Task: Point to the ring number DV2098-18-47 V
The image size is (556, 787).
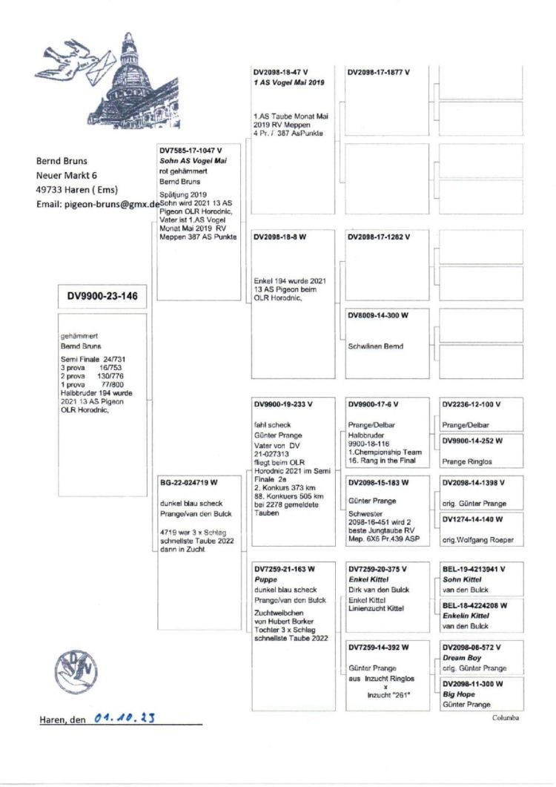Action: tap(281, 73)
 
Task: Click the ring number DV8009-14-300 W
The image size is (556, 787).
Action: tap(378, 315)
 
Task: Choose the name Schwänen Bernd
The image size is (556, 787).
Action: tap(376, 346)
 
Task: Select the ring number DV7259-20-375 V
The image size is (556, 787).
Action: tap(378, 569)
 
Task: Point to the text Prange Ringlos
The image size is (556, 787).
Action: tap(469, 461)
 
